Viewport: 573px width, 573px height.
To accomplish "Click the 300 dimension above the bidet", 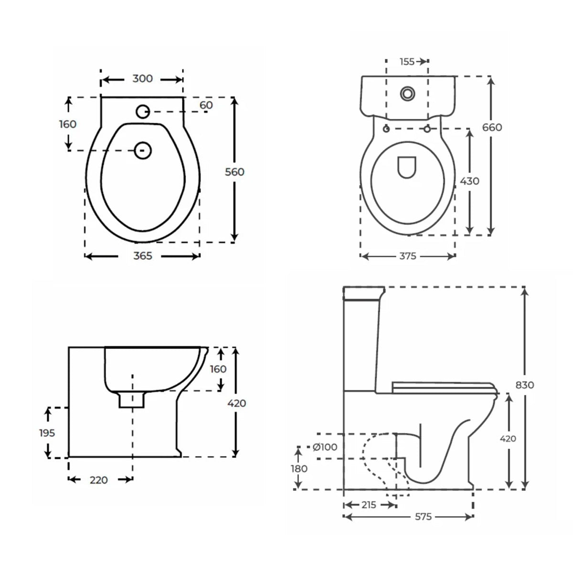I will coord(142,79).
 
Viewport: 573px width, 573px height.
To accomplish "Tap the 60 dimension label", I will coord(206,105).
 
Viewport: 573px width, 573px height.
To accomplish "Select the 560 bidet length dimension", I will coord(234,172).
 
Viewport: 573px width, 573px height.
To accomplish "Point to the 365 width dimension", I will coord(142,256).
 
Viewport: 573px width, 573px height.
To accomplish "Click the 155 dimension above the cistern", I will coord(407,61).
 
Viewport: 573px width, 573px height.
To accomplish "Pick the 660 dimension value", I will coord(492,127).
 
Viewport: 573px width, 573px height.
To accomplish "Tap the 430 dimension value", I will coord(470,181).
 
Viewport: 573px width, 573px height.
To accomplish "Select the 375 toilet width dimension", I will coord(408,256).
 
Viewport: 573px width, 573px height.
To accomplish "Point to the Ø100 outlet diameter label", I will coord(325,447).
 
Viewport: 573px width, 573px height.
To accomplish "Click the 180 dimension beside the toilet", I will coord(299,468).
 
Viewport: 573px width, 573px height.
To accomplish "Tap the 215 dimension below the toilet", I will coord(369,505).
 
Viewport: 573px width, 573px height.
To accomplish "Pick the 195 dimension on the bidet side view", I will coord(47,433).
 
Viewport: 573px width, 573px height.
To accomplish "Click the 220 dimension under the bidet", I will coord(98,480).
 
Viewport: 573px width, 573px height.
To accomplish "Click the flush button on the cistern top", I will coord(408,94).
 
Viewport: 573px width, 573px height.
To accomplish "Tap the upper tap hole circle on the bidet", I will coord(143,112).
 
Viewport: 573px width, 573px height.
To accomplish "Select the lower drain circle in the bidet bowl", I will coord(143,150).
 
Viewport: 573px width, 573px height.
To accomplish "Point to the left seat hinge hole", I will coord(386,128).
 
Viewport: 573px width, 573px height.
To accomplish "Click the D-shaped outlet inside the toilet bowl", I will coord(406,167).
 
